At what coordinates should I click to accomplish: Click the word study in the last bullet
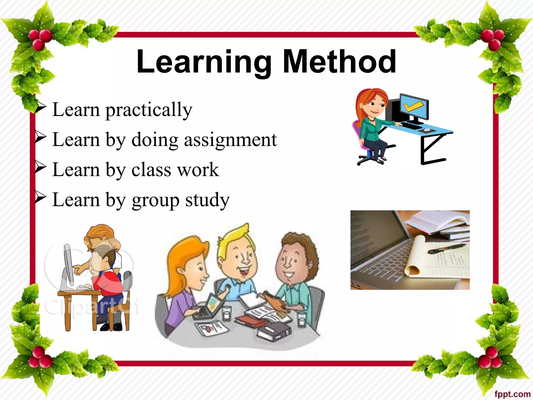click(207, 200)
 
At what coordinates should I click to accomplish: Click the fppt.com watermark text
click(512, 394)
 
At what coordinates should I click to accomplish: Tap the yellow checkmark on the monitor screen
click(414, 106)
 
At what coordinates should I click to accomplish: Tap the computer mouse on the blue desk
click(427, 129)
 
